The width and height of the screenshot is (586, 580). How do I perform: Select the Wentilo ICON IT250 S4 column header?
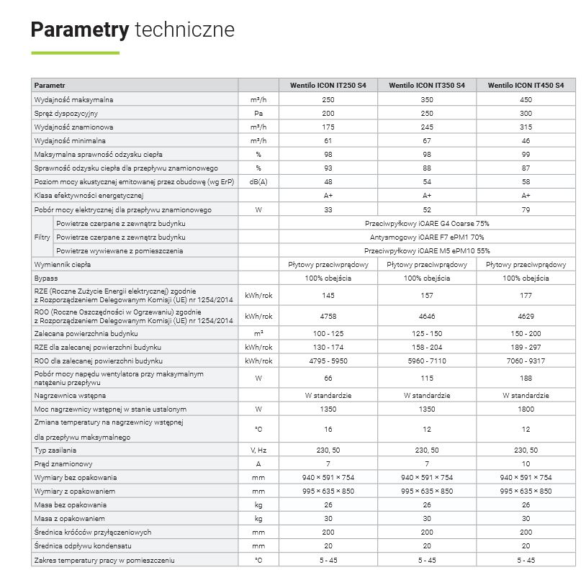coord(328,85)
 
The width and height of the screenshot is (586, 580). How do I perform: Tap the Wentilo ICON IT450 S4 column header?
coord(526,85)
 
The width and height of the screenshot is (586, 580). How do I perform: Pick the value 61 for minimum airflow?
coord(328,140)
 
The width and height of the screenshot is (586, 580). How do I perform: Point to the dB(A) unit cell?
coord(258,182)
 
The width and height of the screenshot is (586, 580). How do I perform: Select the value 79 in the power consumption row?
coord(526,209)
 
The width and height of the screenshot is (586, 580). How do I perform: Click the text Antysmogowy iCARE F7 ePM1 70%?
coord(427,237)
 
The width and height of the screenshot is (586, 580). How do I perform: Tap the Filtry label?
coord(42,237)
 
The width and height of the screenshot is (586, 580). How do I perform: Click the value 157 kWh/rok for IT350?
coord(427,295)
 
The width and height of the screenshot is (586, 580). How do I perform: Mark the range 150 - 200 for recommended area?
coord(526,333)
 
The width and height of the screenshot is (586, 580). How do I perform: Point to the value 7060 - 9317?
coord(526,361)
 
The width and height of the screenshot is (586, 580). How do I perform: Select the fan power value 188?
coord(526,378)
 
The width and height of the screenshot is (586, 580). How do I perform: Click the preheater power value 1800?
coord(526,409)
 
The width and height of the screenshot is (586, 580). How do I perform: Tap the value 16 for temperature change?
coord(328,429)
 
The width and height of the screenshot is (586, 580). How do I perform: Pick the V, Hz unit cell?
coord(258,450)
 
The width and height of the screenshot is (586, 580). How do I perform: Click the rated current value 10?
coord(526,463)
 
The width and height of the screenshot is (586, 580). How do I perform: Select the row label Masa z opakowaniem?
coord(70,518)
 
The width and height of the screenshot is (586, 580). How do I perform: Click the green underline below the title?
coord(75,53)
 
